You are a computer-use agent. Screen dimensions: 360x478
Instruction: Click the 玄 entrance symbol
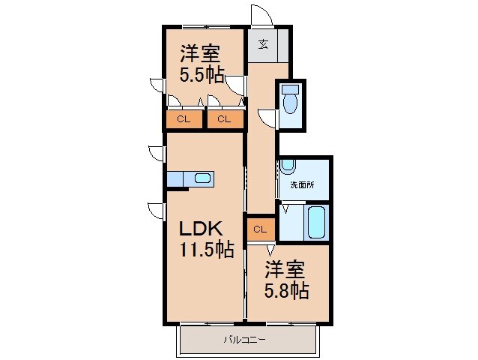point(264,43)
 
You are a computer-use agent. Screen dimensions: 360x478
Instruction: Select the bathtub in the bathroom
point(315,223)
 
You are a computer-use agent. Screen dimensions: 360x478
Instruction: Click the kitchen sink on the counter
point(202,178)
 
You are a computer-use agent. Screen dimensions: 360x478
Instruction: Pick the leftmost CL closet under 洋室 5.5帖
point(184,118)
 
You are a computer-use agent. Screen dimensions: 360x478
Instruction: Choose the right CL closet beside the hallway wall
point(225,118)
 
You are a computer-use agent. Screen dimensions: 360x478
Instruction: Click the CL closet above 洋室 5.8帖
point(259,228)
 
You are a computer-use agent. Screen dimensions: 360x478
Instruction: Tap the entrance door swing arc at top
point(259,15)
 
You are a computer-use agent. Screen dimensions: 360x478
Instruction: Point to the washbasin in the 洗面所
point(288,166)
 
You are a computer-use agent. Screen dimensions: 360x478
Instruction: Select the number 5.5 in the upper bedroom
point(196,75)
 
